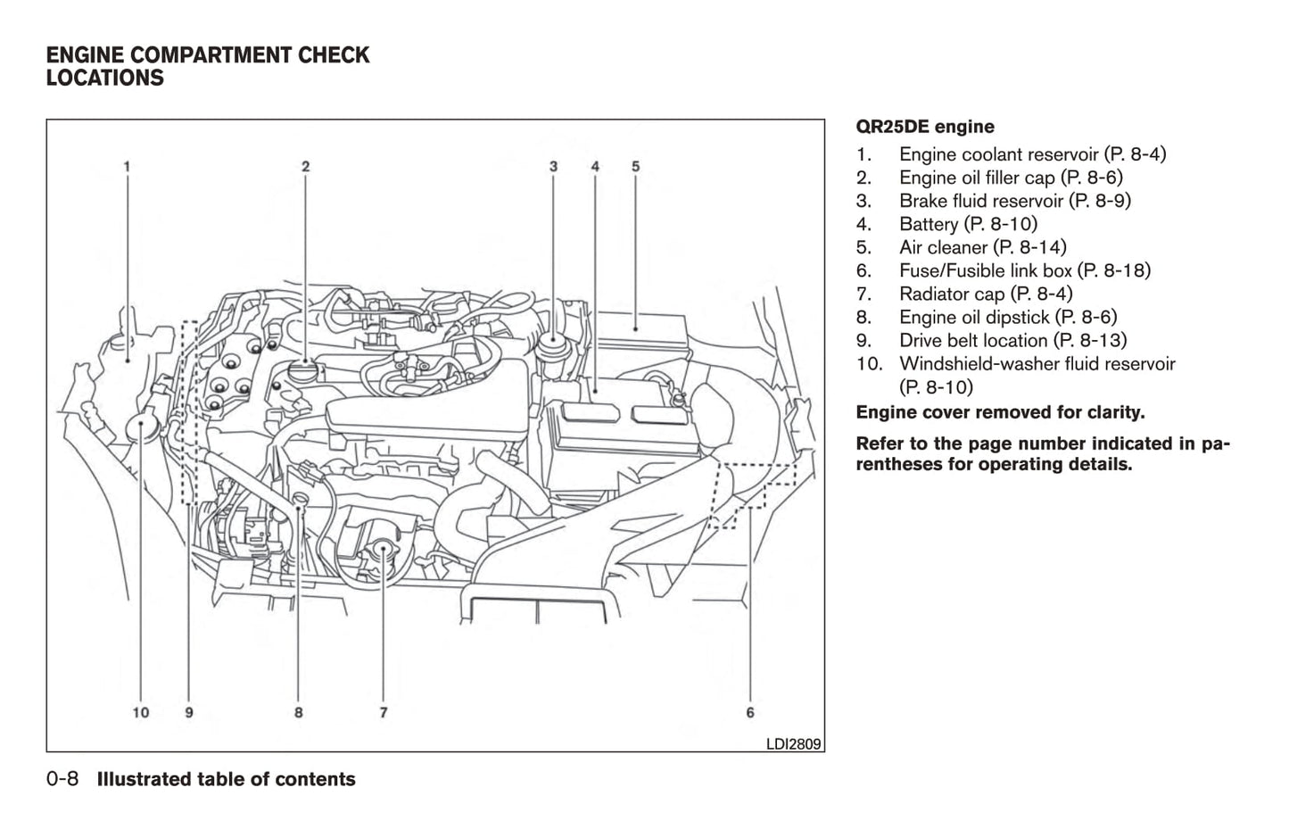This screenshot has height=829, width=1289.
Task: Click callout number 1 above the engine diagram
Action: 127,166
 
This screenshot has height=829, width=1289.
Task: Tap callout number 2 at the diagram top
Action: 305,166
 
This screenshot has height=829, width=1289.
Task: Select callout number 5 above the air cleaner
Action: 635,166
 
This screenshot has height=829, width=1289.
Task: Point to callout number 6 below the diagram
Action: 750,712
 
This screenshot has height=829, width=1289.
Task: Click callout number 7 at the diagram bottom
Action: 383,712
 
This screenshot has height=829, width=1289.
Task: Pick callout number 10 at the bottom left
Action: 141,712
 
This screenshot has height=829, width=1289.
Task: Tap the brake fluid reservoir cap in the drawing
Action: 553,340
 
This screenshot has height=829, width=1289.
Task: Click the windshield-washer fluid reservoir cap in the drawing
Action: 141,428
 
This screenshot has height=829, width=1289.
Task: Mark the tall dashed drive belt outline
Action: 189,410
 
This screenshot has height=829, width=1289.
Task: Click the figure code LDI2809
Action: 793,743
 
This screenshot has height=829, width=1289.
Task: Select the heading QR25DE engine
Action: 924,127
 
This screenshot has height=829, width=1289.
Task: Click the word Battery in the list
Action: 929,224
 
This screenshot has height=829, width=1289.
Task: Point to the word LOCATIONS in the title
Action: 105,79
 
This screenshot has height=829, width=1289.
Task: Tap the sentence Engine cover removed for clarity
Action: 1000,412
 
